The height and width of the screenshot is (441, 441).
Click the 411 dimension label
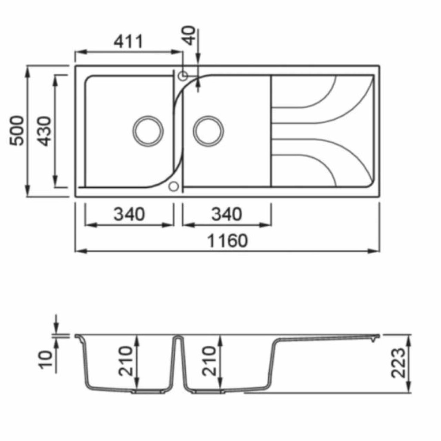coord(128,42)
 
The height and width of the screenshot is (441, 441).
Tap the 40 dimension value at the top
coord(189,35)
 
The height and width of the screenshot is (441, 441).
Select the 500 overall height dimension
coord(17,130)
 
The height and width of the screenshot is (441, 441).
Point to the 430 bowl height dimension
coord(45,131)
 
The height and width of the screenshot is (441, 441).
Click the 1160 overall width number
coord(227,241)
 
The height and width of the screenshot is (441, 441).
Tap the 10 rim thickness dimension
coord(46,359)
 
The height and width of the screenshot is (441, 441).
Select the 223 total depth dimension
coord(398,363)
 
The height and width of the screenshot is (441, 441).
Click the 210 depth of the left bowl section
coord(125,361)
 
